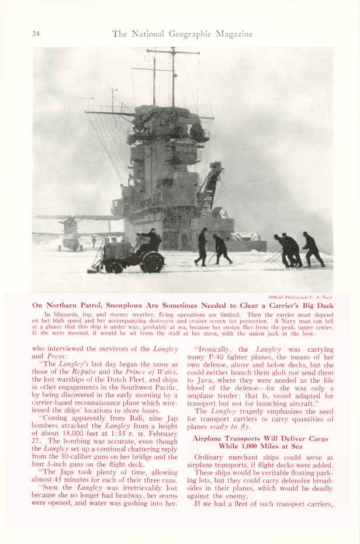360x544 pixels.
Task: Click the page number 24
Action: [36, 34]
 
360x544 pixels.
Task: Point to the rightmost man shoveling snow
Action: [313, 248]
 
